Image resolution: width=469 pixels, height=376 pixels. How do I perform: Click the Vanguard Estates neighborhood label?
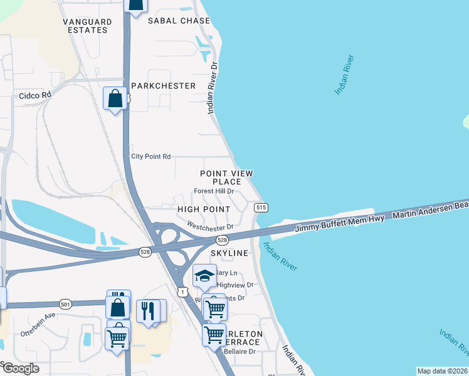(87, 26)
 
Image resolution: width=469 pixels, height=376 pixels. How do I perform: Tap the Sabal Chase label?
(179, 21)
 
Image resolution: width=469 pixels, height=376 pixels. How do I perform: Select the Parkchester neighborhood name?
(164, 85)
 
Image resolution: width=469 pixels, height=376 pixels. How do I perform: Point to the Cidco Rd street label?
(34, 96)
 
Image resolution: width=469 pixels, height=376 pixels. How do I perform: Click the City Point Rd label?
(150, 157)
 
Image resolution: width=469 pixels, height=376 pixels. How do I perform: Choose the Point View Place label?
(226, 177)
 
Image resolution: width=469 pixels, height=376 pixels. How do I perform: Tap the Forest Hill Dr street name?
(214, 191)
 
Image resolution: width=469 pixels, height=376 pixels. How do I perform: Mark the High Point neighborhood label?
(204, 209)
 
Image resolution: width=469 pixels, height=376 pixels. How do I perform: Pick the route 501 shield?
(66, 304)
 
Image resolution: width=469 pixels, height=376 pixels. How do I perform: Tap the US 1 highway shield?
(182, 291)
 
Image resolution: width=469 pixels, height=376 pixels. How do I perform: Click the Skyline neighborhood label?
(229, 253)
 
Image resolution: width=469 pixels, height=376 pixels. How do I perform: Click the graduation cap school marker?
(204, 275)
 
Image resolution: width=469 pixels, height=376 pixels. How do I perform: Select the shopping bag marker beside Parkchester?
(115, 98)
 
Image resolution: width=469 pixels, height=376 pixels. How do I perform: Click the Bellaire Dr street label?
(240, 352)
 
